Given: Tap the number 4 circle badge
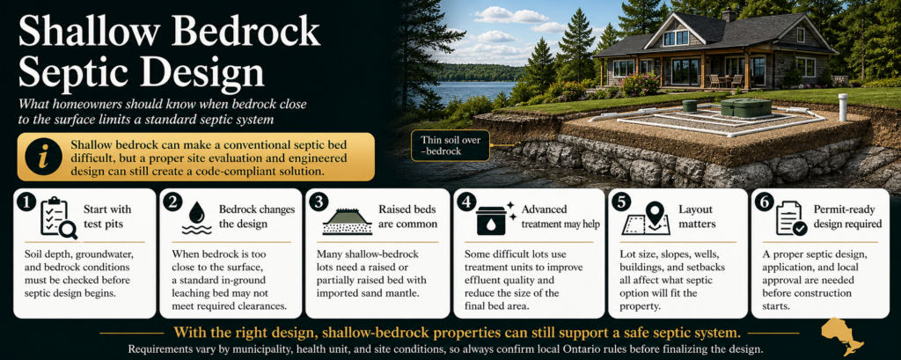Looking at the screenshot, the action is pos(465,203).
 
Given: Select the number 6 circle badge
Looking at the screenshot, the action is pos(763,203).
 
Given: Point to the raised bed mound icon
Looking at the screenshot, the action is pos(348,221).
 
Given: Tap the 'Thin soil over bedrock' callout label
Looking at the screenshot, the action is pos(450,145).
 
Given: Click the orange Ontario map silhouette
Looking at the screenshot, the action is pos(843,337).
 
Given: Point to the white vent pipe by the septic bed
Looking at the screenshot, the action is pos(843,107).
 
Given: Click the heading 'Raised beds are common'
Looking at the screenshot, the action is pos(408,217).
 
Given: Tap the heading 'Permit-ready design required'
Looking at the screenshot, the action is pos(847,217).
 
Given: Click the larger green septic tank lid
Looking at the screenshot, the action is pos(745,107).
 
